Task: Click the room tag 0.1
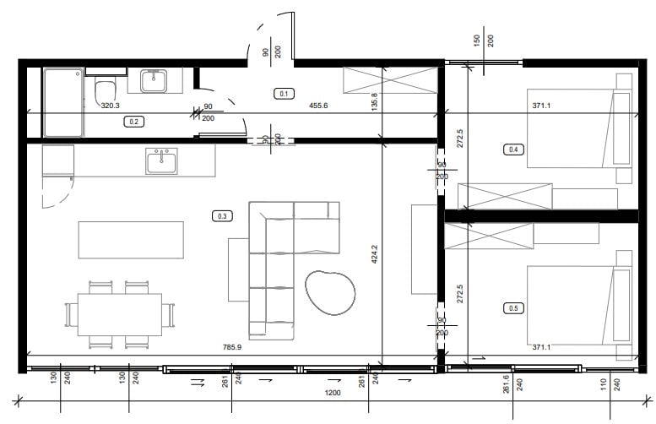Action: [284, 94]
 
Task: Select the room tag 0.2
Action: [134, 122]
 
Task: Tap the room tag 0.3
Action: [223, 216]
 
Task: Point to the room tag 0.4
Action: [513, 149]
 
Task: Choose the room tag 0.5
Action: [513, 308]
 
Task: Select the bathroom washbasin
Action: [154, 81]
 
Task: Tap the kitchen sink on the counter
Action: [161, 160]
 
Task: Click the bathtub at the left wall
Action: [63, 102]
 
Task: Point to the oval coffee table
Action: [330, 292]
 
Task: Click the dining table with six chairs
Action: [120, 314]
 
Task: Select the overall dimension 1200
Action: [333, 393]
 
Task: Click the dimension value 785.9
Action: [232, 347]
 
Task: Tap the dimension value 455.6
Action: [318, 106]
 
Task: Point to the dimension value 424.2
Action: [375, 254]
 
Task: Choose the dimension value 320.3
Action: [110, 106]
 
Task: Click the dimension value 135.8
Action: [375, 101]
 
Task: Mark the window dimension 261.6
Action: [507, 383]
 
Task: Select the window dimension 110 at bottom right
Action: [604, 384]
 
